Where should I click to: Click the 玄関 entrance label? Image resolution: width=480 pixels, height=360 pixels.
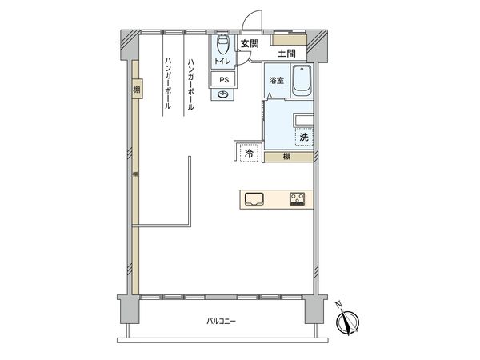(x=248, y=44)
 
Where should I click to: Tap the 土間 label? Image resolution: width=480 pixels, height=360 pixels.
(x=286, y=54)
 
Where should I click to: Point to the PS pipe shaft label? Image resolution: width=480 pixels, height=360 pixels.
(x=223, y=79)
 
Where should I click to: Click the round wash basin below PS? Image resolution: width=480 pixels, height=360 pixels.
(x=223, y=95)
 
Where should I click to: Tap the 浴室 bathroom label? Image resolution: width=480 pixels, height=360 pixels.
(x=276, y=81)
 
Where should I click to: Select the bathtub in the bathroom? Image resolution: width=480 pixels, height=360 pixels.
(x=302, y=81)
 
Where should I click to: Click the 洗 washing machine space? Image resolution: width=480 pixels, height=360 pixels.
(x=303, y=138)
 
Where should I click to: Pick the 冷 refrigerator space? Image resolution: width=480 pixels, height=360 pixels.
(x=249, y=152)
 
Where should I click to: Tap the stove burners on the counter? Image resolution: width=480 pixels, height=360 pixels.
(x=297, y=199)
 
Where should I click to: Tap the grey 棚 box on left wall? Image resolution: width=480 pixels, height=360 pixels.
(x=136, y=90)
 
